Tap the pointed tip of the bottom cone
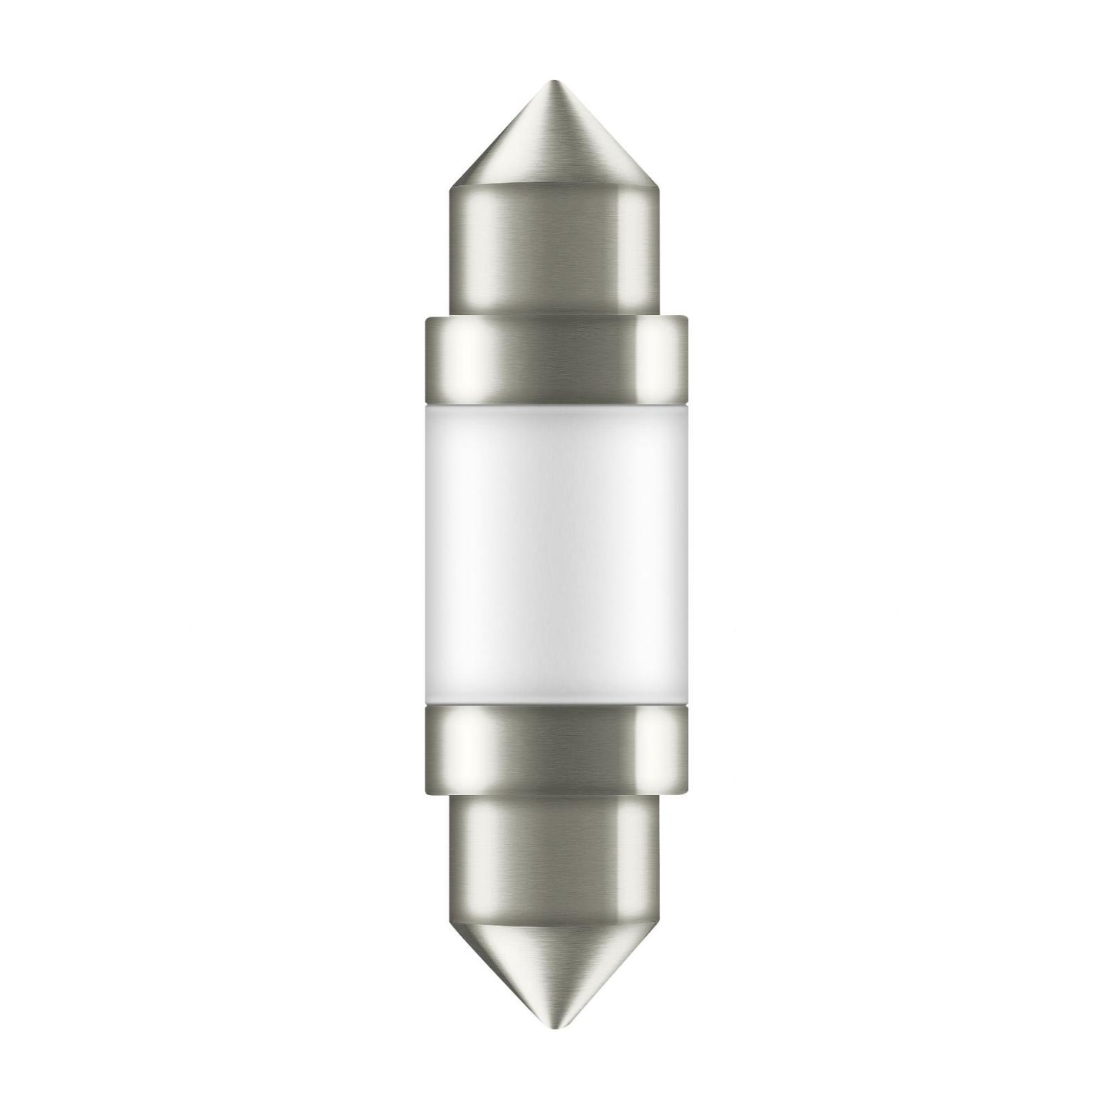pyautogui.click(x=554, y=1026)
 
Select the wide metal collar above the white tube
pyautogui.click(x=554, y=357)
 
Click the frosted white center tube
pyautogui.click(x=554, y=553)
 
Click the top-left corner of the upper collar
pyautogui.click(x=424, y=316)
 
